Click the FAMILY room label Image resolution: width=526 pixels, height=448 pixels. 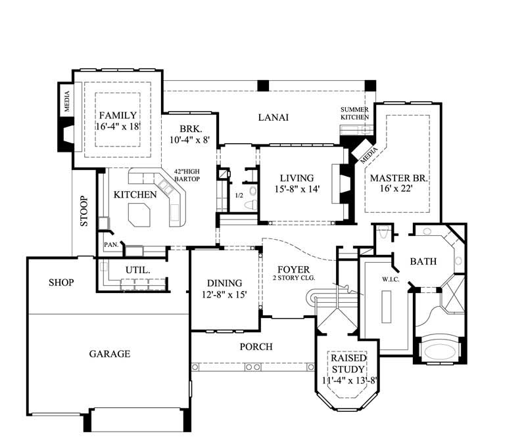point(118,116)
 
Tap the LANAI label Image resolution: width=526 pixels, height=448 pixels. point(273,118)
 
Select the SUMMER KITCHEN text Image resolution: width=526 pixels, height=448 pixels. point(354,112)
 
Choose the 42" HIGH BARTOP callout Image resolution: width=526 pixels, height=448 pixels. point(187,175)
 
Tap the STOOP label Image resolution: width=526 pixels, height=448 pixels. point(84,211)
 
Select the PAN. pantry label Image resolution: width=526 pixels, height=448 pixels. point(110,245)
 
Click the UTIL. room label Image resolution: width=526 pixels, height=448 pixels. point(139,269)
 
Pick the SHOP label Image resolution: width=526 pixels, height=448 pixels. point(60,282)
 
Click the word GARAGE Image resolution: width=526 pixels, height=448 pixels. point(109,353)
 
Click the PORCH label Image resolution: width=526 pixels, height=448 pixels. point(256,346)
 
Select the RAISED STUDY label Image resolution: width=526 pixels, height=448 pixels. point(348,363)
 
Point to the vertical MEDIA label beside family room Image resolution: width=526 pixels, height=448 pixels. point(66,101)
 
